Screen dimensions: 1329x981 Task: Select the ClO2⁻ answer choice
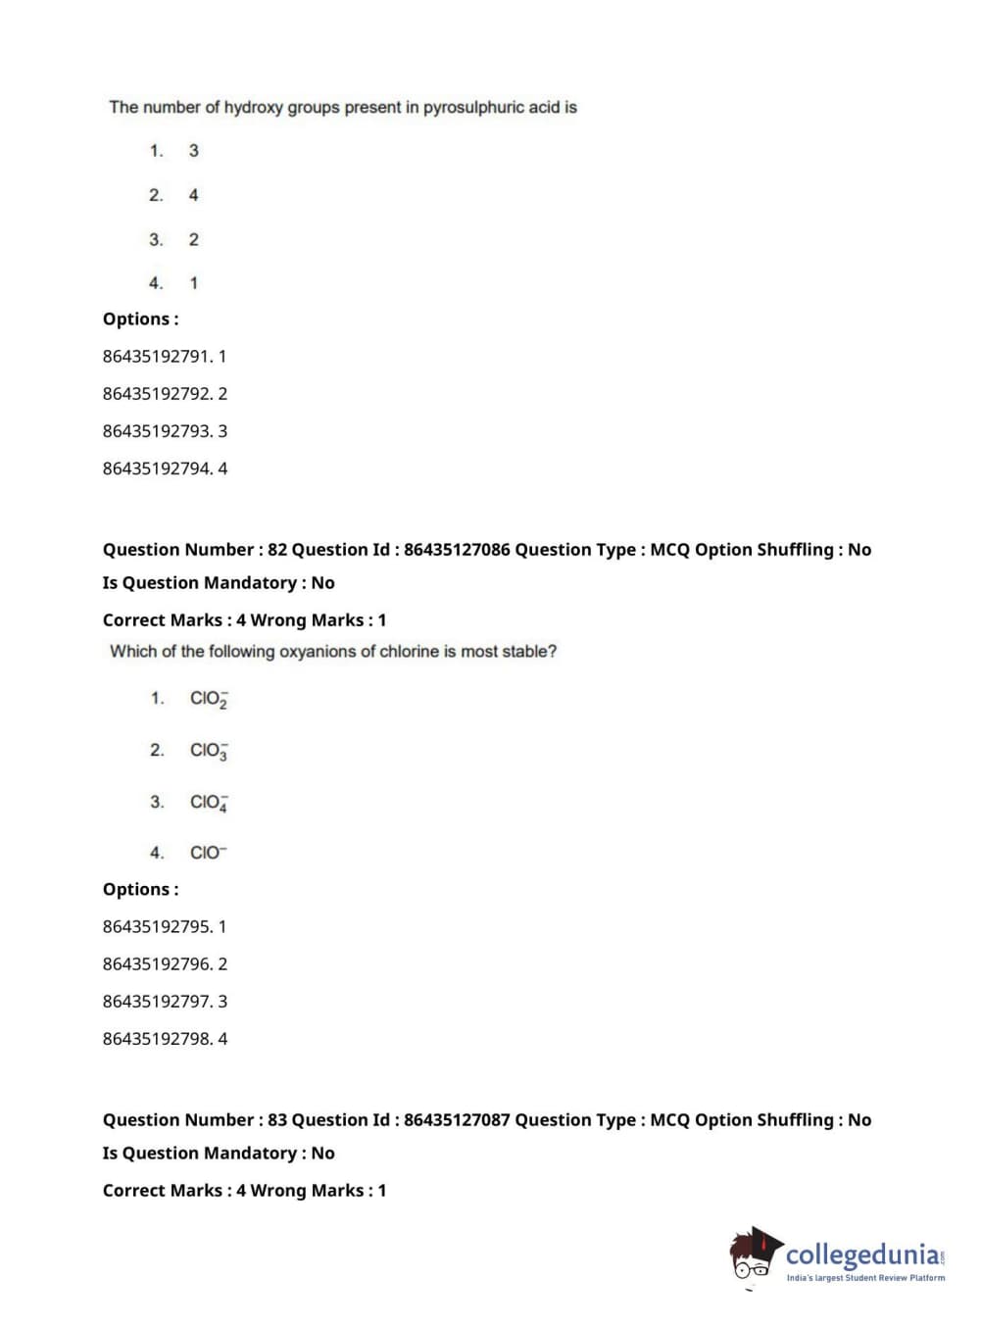pyautogui.click(x=209, y=699)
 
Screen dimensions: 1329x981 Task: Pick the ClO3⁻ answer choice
pyautogui.click(x=209, y=751)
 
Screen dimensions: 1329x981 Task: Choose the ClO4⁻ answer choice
pyautogui.click(x=209, y=803)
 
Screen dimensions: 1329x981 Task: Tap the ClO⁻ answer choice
pyautogui.click(x=208, y=853)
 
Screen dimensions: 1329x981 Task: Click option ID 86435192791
pyautogui.click(x=157, y=357)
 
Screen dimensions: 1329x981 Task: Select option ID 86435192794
pyautogui.click(x=157, y=468)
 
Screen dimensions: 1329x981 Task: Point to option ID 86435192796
pyautogui.click(x=157, y=964)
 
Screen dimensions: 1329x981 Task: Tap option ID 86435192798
pyautogui.click(x=157, y=1039)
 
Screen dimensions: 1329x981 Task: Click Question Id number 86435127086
pyautogui.click(x=457, y=550)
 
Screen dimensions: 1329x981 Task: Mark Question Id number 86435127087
pyautogui.click(x=457, y=1120)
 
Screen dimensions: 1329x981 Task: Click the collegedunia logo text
pyautogui.click(x=862, y=1255)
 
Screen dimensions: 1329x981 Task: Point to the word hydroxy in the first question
pyautogui.click(x=254, y=107)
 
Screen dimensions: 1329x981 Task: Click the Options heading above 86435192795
pyautogui.click(x=140, y=890)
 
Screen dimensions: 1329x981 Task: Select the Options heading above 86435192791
pyautogui.click(x=140, y=320)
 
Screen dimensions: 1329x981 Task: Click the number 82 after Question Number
pyautogui.click(x=277, y=550)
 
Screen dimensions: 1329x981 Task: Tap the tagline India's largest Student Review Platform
pyautogui.click(x=865, y=1278)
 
